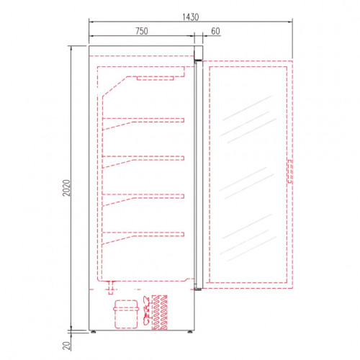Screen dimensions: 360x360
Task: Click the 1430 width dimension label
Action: tap(191, 17)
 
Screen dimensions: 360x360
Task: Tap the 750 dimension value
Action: tap(142, 31)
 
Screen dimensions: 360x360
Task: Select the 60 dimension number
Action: tap(215, 31)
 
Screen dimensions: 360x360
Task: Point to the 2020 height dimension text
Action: tap(66, 188)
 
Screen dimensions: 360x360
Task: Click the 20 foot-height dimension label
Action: tap(66, 346)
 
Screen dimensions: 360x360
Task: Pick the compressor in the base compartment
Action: tap(126, 314)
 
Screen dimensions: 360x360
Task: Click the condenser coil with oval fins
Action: tap(160, 312)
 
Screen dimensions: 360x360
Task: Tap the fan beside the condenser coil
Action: tap(146, 310)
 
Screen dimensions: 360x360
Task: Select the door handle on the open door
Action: tap(290, 171)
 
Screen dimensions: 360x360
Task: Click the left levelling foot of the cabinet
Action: tap(93, 332)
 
